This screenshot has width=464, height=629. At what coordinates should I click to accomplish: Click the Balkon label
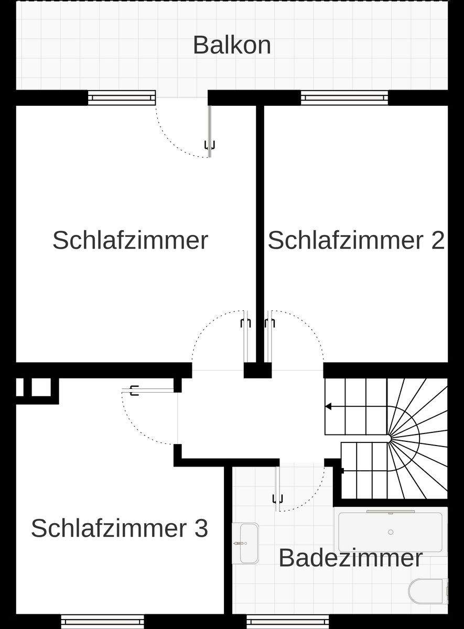232,45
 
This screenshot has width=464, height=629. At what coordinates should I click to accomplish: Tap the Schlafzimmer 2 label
356,241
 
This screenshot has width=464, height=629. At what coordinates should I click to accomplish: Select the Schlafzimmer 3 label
120,528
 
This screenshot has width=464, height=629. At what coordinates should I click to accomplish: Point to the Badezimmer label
350,558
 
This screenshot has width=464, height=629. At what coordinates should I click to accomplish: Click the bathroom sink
245,543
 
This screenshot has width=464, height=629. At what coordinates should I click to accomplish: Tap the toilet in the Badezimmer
428,591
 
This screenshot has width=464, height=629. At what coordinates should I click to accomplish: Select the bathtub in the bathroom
390,533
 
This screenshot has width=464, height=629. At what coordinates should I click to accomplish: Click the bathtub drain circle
391,533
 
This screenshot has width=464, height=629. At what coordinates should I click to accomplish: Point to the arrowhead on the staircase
329,406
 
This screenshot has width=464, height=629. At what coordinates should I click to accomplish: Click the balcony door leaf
210,131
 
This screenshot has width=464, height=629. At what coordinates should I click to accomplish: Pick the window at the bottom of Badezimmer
287,621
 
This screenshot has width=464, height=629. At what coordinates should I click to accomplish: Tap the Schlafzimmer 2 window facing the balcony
344,97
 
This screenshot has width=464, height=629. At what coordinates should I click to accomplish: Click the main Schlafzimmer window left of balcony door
122,97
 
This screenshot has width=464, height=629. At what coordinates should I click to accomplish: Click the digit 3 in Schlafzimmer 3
201,528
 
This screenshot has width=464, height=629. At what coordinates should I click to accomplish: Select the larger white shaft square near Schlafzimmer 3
41,387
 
